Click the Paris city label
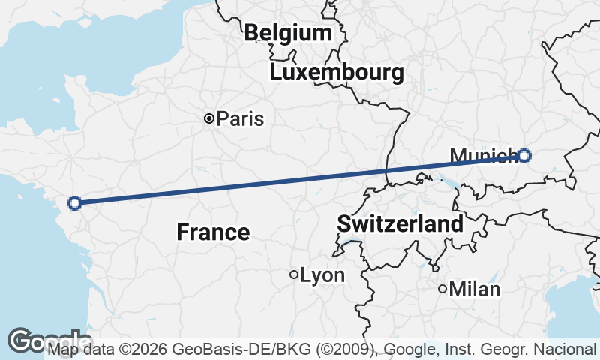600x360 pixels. (240, 118)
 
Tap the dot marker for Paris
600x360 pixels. (209, 118)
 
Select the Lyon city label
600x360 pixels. (322, 275)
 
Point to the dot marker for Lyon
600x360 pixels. (294, 274)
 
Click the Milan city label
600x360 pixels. (475, 289)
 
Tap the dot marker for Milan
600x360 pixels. (442, 288)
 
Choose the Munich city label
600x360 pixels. (483, 156)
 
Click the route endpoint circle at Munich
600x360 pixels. (524, 156)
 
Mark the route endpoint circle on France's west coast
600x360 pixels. (74, 202)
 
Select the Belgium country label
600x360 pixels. (288, 33)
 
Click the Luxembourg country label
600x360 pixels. (337, 73)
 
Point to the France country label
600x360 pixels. (213, 232)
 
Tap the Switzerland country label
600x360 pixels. (400, 223)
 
